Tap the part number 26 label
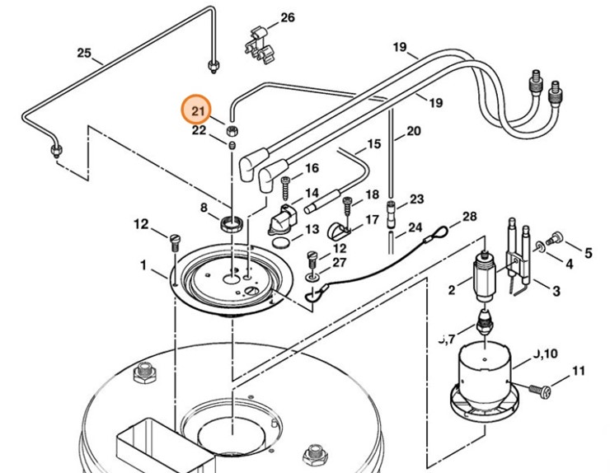pyautogui.click(x=287, y=18)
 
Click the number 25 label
pyautogui.click(x=84, y=54)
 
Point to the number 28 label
pyautogui.click(x=469, y=217)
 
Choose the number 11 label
pyautogui.click(x=577, y=370)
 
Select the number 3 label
pyautogui.click(x=556, y=291)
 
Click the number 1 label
pyautogui.click(x=143, y=265)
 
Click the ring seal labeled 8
pyautogui.click(x=231, y=222)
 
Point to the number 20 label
pyautogui.click(x=413, y=130)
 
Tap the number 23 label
pyautogui.click(x=416, y=199)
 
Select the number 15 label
pyautogui.click(x=374, y=144)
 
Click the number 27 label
pyautogui.click(x=340, y=262)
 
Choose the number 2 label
pyautogui.click(x=451, y=289)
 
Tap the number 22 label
pyautogui.click(x=199, y=130)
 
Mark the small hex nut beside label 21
pyautogui.click(x=232, y=130)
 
